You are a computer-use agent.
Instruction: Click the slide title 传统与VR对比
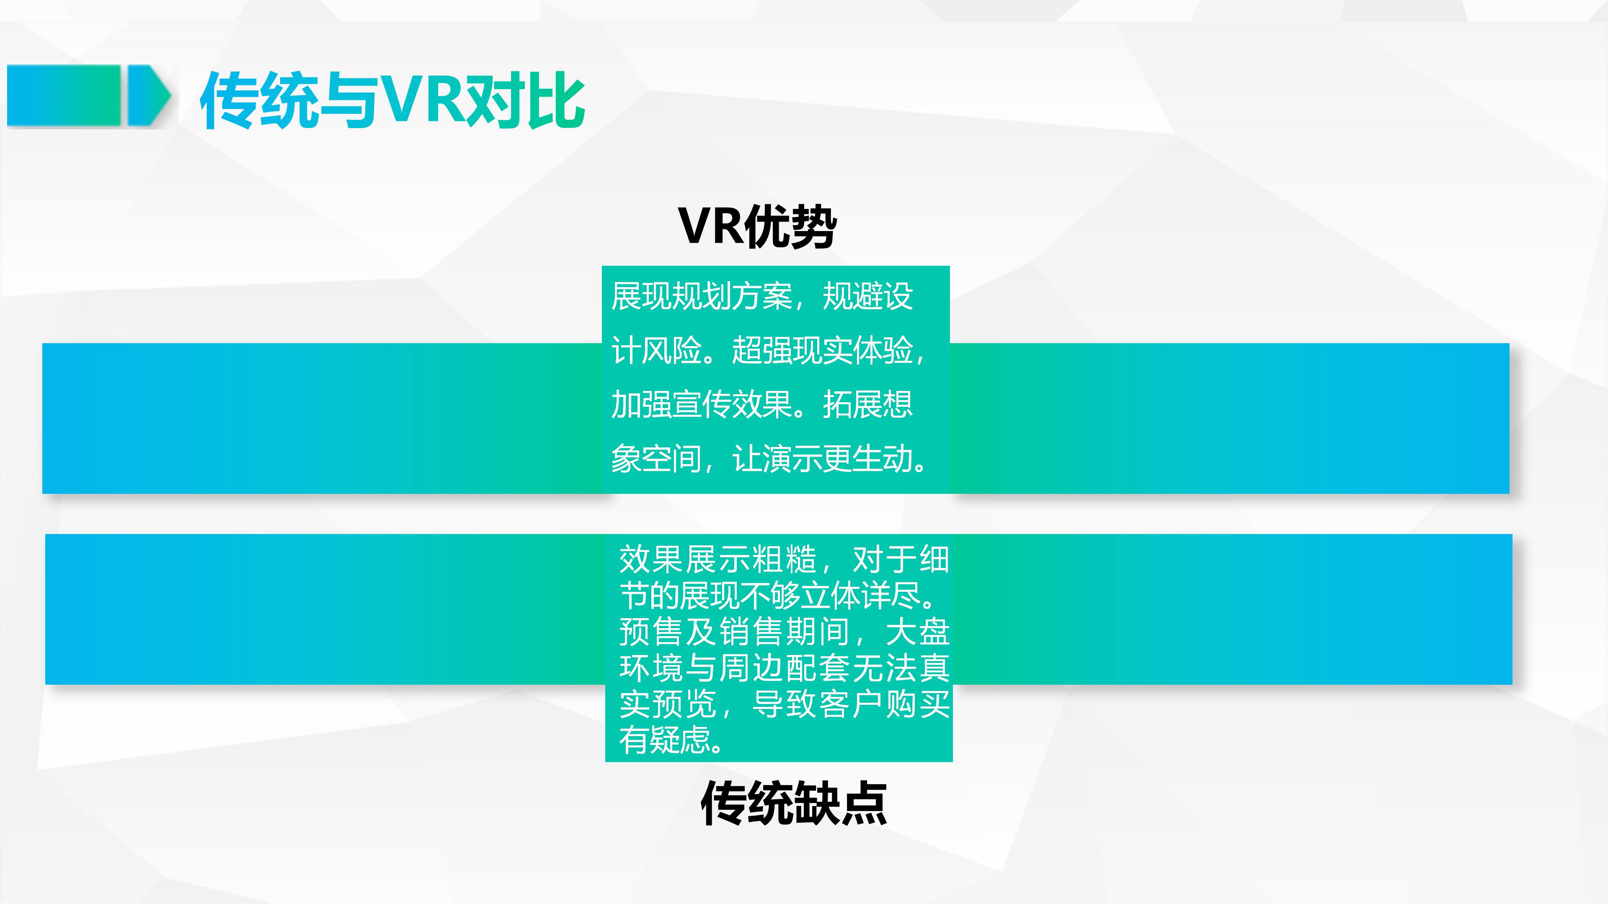[392, 100]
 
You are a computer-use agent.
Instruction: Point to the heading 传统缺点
[793, 803]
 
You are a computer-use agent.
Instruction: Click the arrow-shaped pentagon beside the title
[149, 96]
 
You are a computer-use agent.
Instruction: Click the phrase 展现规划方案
[702, 296]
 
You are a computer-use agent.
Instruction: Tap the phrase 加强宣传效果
[702, 404]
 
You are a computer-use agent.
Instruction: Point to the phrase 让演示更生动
[823, 459]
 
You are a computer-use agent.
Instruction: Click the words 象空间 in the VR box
[656, 459]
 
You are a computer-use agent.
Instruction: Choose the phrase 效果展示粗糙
[718, 559]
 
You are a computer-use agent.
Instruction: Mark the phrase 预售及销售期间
[735, 632]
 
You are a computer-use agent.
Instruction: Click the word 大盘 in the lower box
[918, 632]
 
